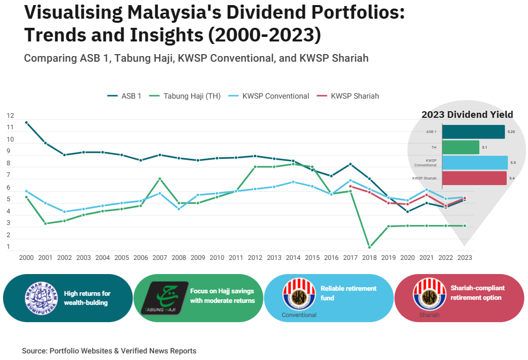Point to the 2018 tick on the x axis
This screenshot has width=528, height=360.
[x=369, y=257]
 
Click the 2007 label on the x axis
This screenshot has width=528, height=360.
[x=160, y=257]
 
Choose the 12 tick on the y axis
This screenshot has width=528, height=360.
[x=11, y=116]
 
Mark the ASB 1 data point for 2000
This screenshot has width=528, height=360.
[x=26, y=122]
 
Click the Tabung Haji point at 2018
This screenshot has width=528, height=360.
[x=369, y=247]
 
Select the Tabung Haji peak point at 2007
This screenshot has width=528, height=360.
[x=160, y=178]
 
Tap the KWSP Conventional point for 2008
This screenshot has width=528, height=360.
[x=179, y=209]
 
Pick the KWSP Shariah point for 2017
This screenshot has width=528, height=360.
[x=350, y=186]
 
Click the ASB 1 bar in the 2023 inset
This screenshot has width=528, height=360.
[x=473, y=132]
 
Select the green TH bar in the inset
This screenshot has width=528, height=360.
[x=460, y=147]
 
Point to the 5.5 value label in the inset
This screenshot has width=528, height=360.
[x=513, y=163]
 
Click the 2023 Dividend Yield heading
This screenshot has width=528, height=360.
[x=467, y=115]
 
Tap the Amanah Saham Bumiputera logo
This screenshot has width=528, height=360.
[x=41, y=298]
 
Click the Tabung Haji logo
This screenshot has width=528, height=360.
[x=164, y=298]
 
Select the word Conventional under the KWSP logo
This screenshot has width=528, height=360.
[x=299, y=315]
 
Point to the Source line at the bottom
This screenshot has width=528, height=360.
[x=109, y=351]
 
